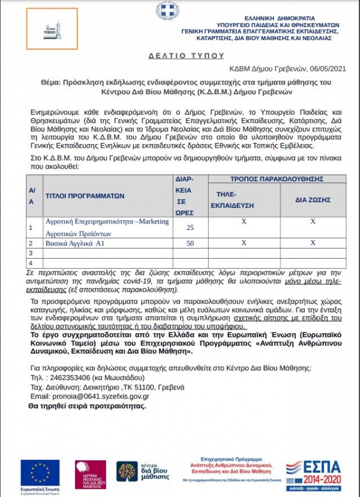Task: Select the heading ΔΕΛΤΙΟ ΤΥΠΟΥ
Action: click(179, 55)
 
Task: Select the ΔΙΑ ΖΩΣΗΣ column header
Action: click(312, 200)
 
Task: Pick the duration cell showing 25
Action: click(190, 227)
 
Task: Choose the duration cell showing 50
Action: click(190, 243)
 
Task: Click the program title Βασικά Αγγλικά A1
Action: click(76, 243)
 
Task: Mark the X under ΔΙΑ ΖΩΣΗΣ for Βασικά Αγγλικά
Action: click(313, 243)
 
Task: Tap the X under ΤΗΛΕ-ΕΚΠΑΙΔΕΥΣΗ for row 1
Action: click(244, 221)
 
